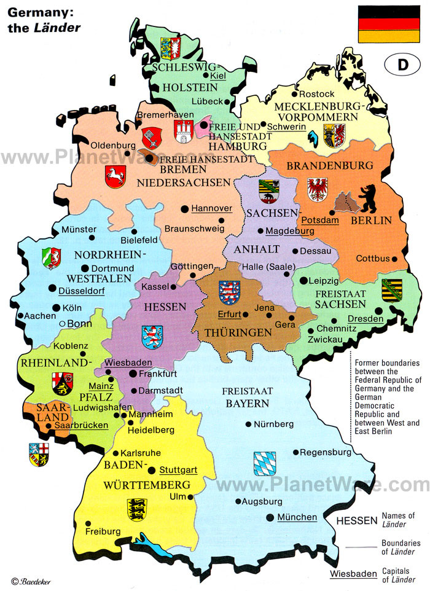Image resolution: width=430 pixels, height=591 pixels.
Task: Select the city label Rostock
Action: (x=318, y=93)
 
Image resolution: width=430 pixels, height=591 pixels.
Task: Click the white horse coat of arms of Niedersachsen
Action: (x=115, y=176)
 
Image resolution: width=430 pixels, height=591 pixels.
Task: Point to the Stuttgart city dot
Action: (x=152, y=471)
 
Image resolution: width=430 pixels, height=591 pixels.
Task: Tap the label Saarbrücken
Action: (x=81, y=425)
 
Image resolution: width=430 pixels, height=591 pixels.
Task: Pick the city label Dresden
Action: (x=365, y=319)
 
